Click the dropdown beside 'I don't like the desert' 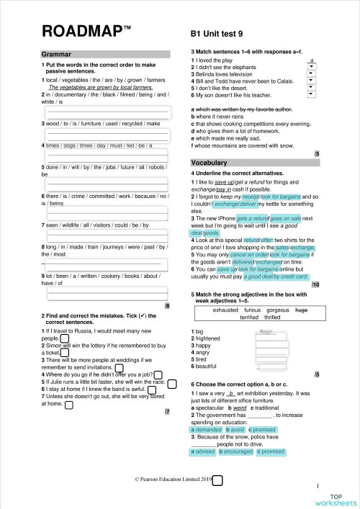[x=310, y=86]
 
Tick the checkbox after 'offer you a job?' [x=158, y=374]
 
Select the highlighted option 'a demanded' [x=207, y=429]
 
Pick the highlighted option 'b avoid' [x=235, y=429]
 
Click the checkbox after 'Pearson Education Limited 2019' [x=217, y=479]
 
